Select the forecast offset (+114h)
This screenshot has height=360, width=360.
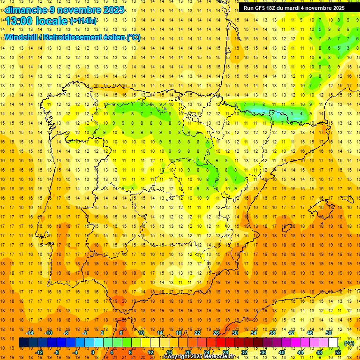point(83,21)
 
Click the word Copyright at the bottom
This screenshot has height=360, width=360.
point(177,357)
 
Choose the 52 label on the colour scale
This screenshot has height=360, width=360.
point(338,352)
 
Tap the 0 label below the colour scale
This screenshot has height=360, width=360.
point(93,352)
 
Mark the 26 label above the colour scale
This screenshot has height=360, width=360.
point(216,333)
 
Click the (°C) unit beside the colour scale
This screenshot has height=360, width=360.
point(349,343)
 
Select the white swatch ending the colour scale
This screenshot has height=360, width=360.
point(333,343)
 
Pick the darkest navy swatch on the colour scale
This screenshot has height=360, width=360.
point(23,343)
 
